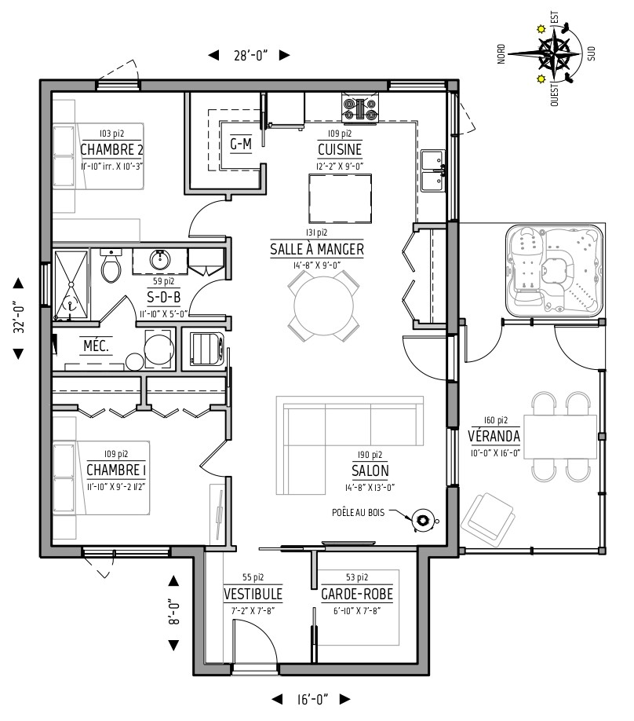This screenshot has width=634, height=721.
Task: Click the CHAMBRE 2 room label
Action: point(111,149)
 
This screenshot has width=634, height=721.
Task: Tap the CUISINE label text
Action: point(340,149)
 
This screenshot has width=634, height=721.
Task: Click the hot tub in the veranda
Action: point(554,270)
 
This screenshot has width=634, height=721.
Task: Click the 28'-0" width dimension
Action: point(250,56)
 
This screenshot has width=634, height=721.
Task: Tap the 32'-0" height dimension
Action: point(19,317)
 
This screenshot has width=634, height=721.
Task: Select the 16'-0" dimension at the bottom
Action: point(312,699)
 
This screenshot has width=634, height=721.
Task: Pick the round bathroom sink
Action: point(160,260)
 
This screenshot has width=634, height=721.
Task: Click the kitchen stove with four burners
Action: point(360,108)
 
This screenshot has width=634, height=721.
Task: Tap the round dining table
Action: point(323,306)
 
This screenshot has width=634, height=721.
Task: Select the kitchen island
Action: point(341,199)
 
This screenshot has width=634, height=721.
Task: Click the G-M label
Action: point(241,145)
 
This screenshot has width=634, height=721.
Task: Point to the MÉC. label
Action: point(96,346)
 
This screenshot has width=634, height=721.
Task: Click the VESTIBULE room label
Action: point(253,594)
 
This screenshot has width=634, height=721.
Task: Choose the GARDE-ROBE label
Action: point(357,594)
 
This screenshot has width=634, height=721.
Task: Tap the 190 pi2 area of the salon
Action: point(370,455)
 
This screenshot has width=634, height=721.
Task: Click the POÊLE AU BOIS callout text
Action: point(358,512)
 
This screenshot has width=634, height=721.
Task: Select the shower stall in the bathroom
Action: point(71,284)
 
